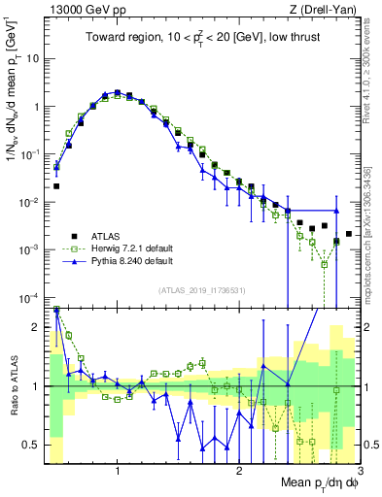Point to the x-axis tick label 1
118,473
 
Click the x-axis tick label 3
361,473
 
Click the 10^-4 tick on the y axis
30,297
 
